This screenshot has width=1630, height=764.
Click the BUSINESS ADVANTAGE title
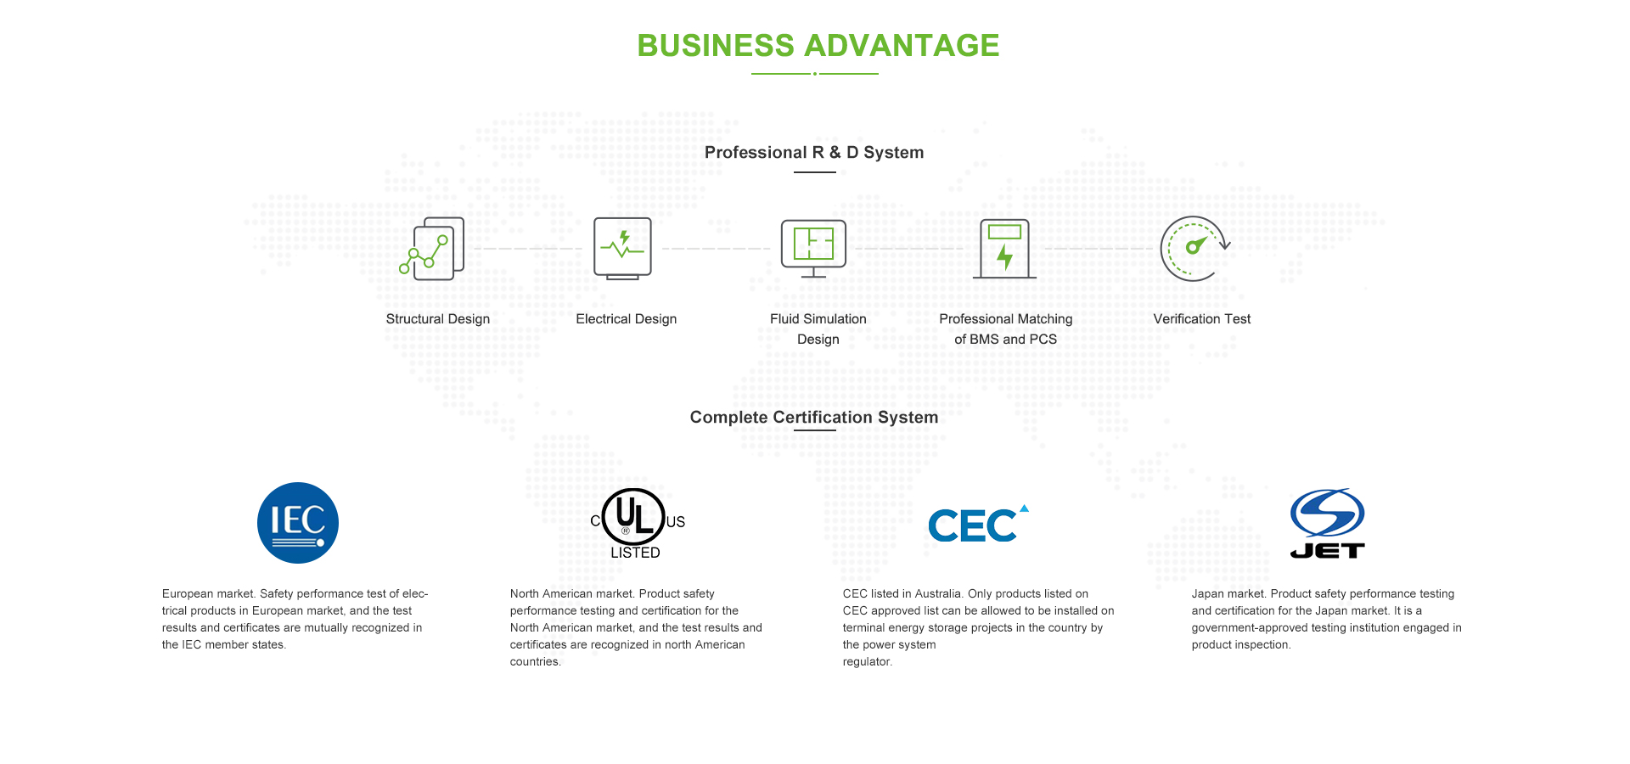click(x=818, y=46)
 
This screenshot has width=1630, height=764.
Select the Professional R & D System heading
click(x=814, y=153)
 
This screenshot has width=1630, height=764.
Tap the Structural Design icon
click(x=432, y=249)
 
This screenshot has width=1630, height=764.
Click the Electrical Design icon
click(x=623, y=249)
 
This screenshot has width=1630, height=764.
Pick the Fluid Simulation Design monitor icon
click(x=813, y=249)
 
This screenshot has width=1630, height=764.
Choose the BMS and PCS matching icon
click(x=1004, y=249)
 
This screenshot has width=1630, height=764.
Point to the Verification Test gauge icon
click(x=1194, y=249)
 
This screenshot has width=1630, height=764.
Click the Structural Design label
click(x=438, y=319)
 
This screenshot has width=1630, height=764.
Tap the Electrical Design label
click(x=627, y=319)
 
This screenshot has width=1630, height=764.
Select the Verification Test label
click(x=1202, y=319)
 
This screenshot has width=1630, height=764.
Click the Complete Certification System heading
click(x=814, y=418)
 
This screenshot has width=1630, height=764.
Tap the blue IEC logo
click(x=298, y=523)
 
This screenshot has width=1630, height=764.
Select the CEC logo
click(x=978, y=524)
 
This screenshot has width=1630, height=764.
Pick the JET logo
click(x=1328, y=524)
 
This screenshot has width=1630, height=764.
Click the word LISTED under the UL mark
click(x=635, y=553)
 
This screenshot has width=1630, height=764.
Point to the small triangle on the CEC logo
click(x=1024, y=508)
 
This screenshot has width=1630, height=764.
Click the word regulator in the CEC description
click(x=868, y=662)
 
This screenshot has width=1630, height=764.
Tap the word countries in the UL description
click(x=536, y=662)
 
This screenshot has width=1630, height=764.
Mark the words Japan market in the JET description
click(x=1228, y=594)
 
